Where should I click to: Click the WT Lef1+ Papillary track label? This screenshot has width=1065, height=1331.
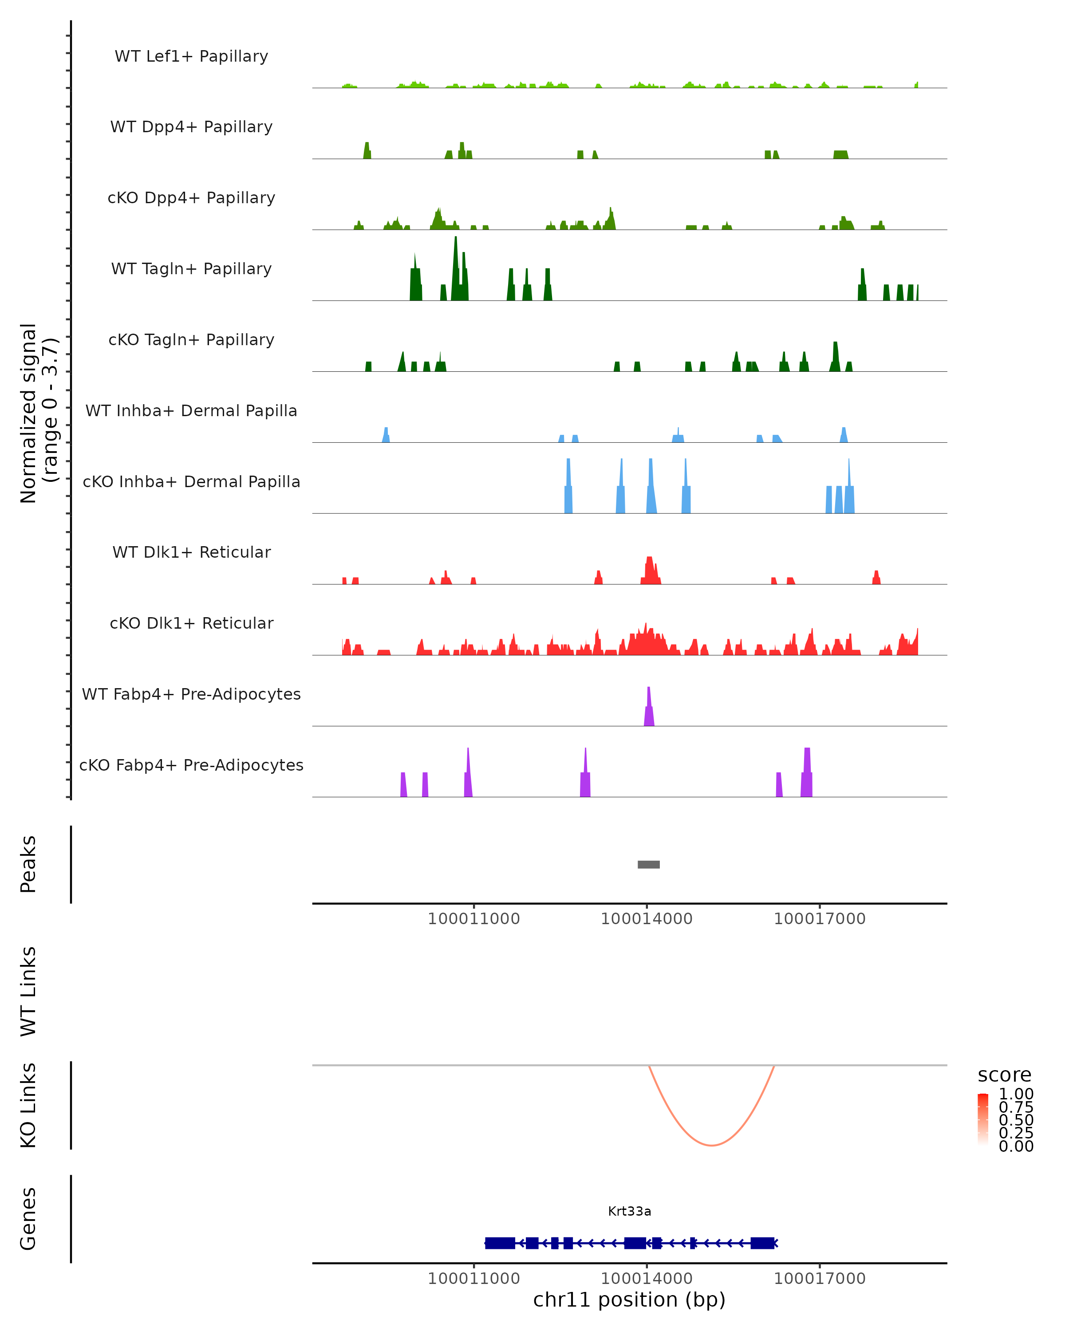(191, 56)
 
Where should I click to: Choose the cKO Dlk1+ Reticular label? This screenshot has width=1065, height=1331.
(191, 623)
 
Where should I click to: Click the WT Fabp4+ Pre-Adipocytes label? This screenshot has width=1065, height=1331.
(191, 694)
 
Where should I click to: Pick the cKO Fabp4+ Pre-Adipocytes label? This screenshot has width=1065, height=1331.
(191, 765)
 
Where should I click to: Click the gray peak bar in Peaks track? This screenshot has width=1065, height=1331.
(648, 864)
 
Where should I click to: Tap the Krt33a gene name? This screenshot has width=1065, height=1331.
(629, 1211)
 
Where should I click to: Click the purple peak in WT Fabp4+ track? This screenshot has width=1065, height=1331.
(649, 710)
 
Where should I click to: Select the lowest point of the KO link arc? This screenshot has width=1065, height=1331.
(711, 1145)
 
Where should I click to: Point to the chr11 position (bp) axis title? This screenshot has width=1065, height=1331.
(629, 1299)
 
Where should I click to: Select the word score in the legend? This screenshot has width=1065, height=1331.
(1005, 1075)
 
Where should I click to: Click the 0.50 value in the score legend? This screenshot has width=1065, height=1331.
(1016, 1120)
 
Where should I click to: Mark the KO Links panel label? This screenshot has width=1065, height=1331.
(28, 1105)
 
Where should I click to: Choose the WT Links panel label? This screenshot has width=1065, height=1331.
(28, 992)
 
